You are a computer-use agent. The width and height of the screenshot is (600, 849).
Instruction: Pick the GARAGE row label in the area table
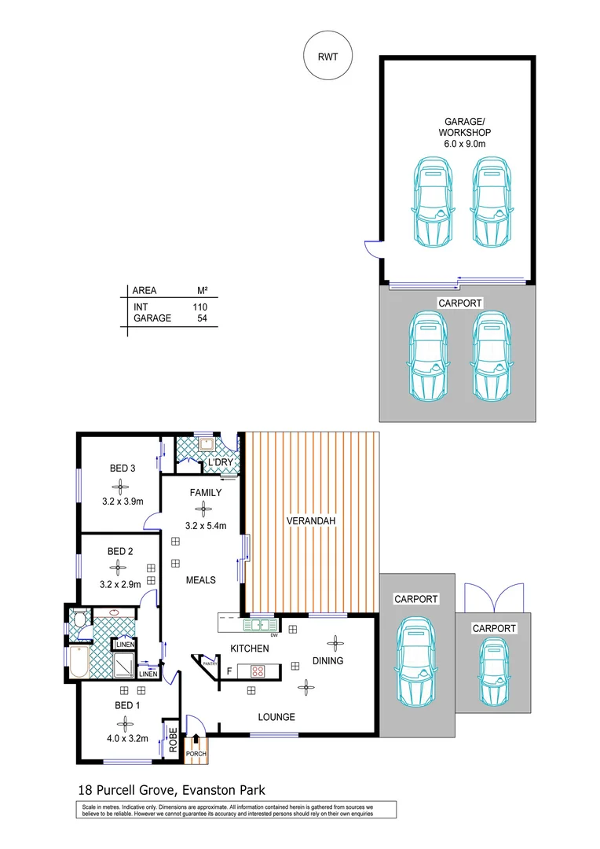point(152,318)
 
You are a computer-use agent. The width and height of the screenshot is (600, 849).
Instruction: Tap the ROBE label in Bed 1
point(172,740)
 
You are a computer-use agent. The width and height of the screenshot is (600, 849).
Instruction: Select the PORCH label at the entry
point(195,755)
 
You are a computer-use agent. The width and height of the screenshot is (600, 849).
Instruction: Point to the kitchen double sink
point(260,626)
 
